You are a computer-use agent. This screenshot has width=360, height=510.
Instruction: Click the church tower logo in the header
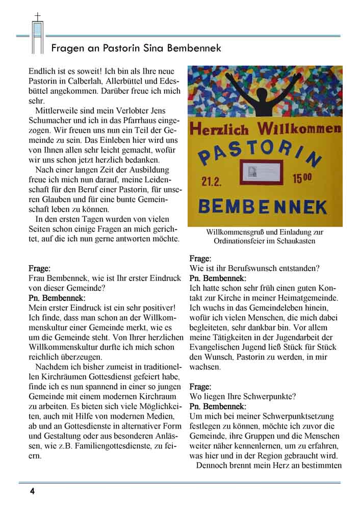coord(37,33)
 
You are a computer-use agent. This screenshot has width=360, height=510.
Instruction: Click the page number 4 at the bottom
coord(32,492)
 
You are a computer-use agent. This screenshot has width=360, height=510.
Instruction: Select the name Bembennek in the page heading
coord(196,48)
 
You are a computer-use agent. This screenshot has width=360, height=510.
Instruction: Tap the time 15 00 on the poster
coord(302,179)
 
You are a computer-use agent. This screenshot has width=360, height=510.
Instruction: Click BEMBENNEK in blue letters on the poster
coord(262,207)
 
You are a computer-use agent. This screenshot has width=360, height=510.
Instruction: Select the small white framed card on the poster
coord(265,170)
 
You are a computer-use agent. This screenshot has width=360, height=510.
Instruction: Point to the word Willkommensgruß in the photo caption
coord(232,232)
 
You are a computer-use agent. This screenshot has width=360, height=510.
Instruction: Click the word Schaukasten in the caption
coord(295,241)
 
